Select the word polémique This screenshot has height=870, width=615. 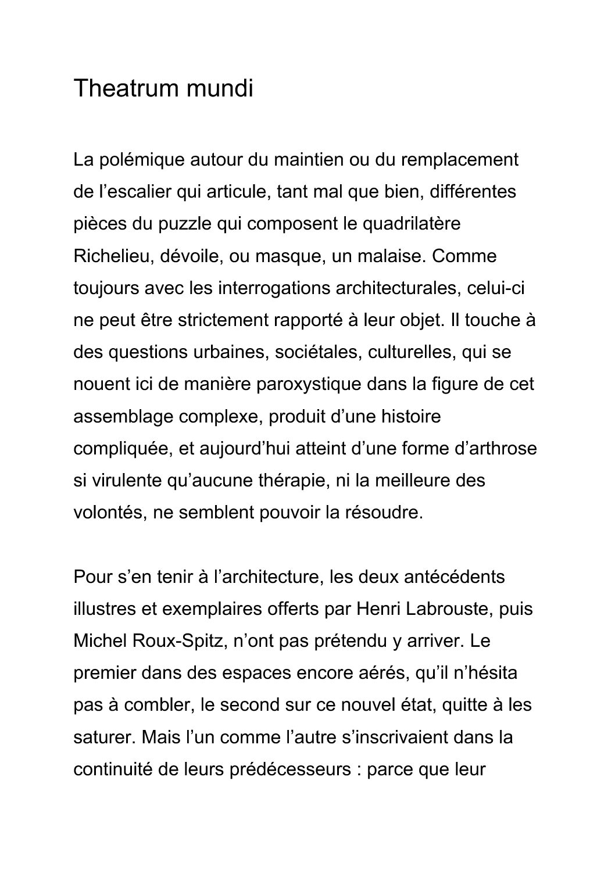[x=138, y=159]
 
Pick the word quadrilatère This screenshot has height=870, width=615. [x=411, y=224]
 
